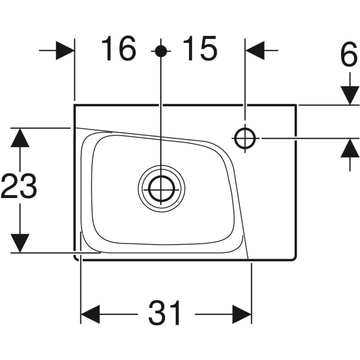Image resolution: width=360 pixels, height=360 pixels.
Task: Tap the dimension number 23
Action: pyautogui.click(x=19, y=187)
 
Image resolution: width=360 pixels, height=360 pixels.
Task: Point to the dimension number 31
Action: pyautogui.click(x=166, y=313)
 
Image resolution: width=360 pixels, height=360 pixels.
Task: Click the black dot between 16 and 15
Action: pyautogui.click(x=161, y=51)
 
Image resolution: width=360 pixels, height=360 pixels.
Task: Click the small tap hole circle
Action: pyautogui.click(x=245, y=139)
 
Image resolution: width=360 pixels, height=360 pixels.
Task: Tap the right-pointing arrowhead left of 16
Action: pyautogui.click(x=65, y=51)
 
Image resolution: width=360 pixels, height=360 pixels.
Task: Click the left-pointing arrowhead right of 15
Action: pyautogui.click(x=255, y=51)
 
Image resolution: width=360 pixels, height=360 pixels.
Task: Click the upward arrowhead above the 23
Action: pyautogui.click(x=20, y=138)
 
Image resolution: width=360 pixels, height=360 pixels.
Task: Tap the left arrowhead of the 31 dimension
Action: pyautogui.click(x=91, y=314)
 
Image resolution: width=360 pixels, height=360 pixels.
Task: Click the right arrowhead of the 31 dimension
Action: pyautogui.click(x=242, y=314)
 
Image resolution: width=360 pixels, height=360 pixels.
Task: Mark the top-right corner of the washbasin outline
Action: pyautogui.click(x=296, y=105)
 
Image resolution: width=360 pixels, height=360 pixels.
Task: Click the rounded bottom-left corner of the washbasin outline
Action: pyautogui.click(x=76, y=258)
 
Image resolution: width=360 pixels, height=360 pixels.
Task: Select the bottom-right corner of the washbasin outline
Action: pyautogui.click(x=296, y=259)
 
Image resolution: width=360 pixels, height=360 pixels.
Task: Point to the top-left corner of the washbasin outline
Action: pyautogui.click(x=74, y=105)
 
